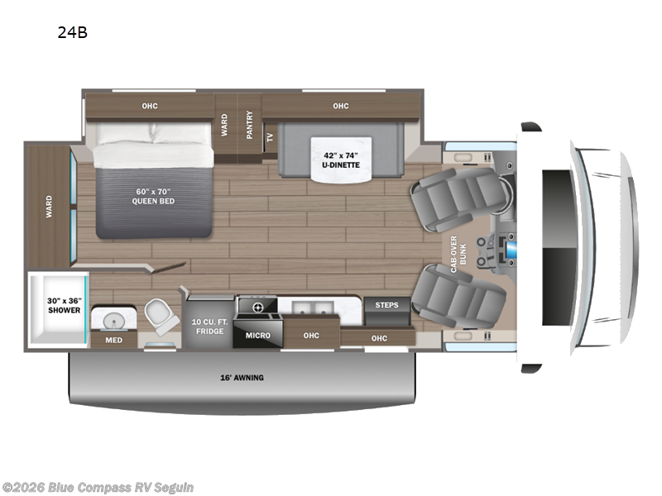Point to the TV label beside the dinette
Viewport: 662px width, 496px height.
[x=270, y=138]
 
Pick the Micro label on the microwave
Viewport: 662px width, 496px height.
[x=259, y=335]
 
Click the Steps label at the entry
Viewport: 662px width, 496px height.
[x=386, y=305]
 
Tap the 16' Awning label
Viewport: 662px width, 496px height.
[x=241, y=378]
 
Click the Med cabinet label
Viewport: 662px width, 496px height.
[x=109, y=339]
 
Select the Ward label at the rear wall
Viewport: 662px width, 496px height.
[x=49, y=206]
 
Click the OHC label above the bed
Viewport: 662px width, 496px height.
[x=149, y=106]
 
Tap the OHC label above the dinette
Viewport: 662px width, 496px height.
[x=340, y=106]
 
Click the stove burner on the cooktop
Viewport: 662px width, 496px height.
[x=257, y=307]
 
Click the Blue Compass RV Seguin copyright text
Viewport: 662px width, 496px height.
[x=98, y=487]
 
